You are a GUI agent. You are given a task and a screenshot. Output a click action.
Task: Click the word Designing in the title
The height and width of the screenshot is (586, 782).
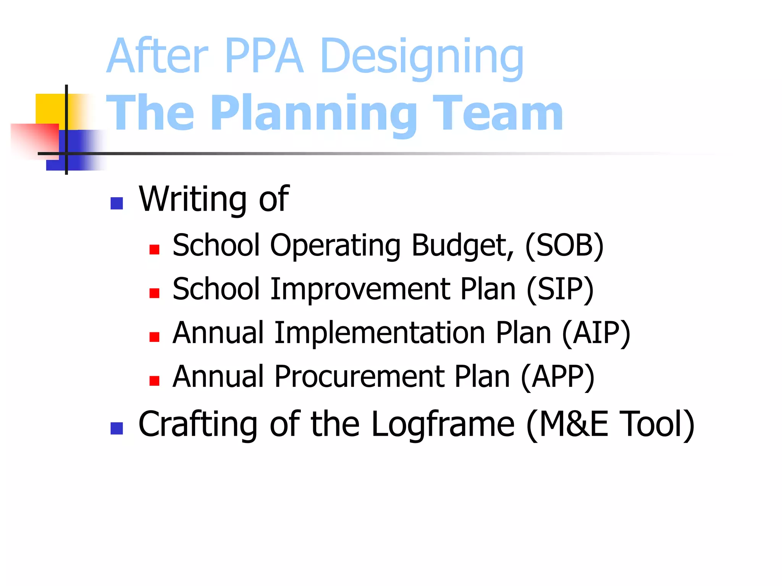422,57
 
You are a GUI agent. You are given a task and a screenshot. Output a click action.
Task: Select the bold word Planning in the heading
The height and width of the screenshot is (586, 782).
313,114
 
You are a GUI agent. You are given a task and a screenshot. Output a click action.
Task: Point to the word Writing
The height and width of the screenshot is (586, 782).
193,199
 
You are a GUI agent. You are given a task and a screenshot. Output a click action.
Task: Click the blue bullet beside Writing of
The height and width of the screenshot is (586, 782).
116,203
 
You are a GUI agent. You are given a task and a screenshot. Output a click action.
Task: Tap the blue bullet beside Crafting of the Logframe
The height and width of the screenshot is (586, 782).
116,428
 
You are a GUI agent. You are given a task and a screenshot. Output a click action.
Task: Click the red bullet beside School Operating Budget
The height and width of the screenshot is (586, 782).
154,250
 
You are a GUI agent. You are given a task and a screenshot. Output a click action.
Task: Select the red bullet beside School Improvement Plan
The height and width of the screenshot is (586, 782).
154,293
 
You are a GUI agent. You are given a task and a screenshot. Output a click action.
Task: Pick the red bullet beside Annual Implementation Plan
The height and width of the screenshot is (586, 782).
154,337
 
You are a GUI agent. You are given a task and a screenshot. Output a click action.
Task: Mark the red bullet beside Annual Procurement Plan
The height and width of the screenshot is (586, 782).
154,381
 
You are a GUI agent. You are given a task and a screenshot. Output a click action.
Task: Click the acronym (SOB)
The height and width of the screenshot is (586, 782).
564,246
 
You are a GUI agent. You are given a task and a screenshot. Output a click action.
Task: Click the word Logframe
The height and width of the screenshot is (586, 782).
443,424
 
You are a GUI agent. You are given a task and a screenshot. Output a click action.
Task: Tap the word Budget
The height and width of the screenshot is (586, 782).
462,246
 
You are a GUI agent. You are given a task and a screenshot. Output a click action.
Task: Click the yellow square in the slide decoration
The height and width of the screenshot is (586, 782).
50,109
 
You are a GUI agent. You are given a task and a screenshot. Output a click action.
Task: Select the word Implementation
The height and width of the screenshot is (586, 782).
380,333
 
